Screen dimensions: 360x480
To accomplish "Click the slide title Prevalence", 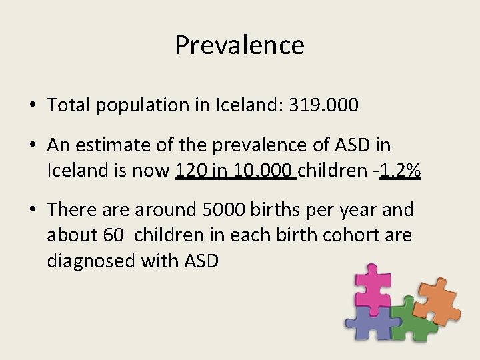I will pyautogui.click(x=240, y=45).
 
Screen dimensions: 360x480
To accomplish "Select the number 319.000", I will pyautogui.click(x=324, y=105).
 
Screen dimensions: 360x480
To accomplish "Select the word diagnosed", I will pyautogui.click(x=91, y=261).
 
